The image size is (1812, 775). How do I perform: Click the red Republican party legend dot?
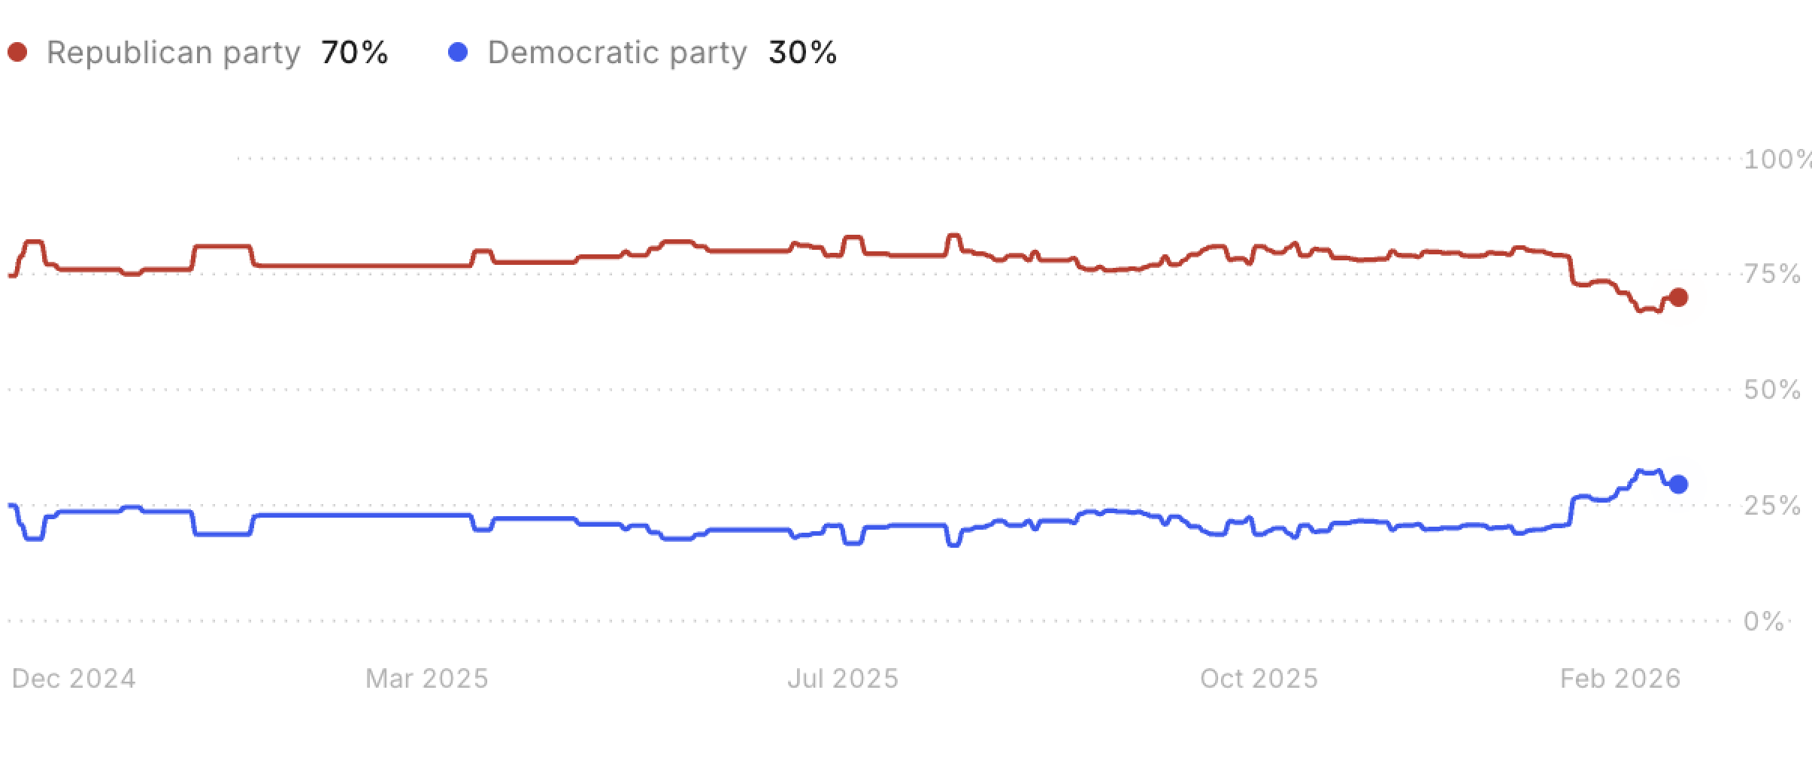tap(17, 52)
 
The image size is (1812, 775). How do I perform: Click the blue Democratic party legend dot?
tap(457, 52)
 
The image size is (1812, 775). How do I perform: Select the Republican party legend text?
tap(173, 53)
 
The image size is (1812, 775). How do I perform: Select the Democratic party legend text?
tap(617, 53)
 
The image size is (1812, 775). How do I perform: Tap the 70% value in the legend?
tap(354, 52)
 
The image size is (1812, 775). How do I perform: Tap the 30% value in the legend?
tap(802, 52)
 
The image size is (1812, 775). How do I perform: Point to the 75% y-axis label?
tap(1772, 275)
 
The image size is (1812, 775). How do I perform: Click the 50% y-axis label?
tap(1772, 391)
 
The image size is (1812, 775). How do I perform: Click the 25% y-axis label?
tap(1772, 506)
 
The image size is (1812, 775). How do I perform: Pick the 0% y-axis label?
tap(1764, 622)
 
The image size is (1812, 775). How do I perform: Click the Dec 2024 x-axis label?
tap(74, 679)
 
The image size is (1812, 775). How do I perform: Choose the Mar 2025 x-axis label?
tap(427, 679)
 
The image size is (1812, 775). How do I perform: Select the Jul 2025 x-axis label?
tap(843, 679)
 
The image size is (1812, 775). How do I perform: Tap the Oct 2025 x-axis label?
tap(1259, 679)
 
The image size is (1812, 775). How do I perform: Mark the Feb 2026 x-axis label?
tap(1620, 679)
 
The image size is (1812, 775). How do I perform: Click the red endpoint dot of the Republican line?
tap(1677, 297)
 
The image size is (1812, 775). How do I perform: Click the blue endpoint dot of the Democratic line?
tap(1677, 484)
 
